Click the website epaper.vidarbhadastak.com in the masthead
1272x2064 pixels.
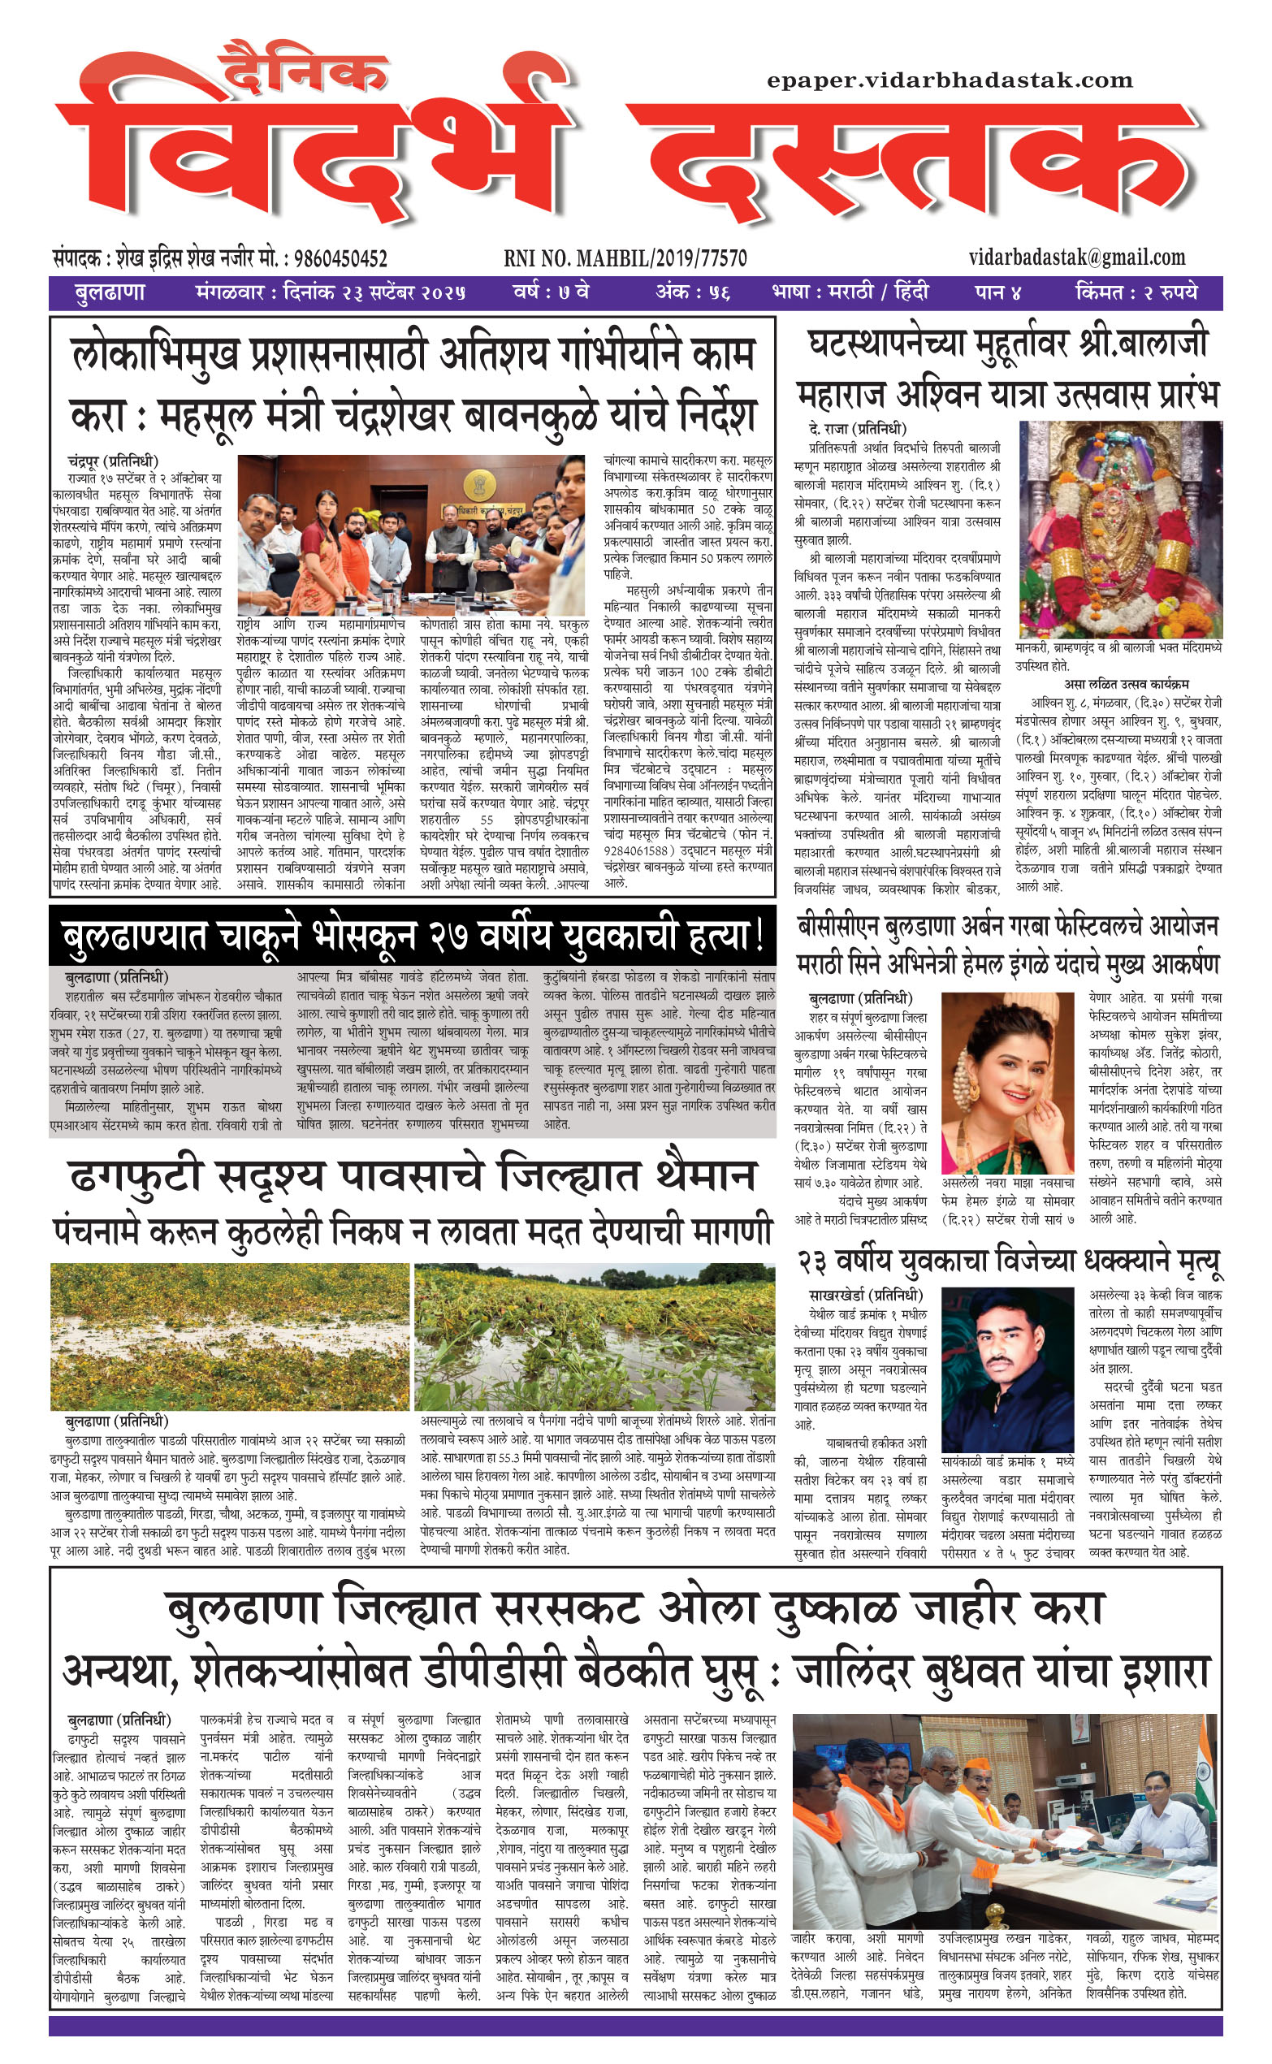pyautogui.click(x=950, y=80)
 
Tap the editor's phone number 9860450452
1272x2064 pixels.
pyautogui.click(x=335, y=258)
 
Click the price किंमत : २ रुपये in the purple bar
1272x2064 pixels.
pyautogui.click(x=1135, y=292)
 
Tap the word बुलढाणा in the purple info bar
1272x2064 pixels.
pyautogui.click(x=110, y=292)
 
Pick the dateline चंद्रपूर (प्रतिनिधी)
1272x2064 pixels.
pyautogui.click(x=113, y=461)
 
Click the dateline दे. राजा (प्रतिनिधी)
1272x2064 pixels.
pyautogui.click(x=857, y=428)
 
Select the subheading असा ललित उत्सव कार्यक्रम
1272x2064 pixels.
pyautogui.click(x=1126, y=684)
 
